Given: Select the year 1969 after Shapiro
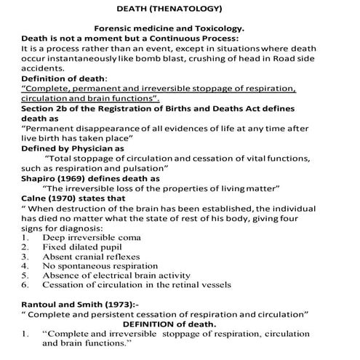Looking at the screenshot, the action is coord(65,177).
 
